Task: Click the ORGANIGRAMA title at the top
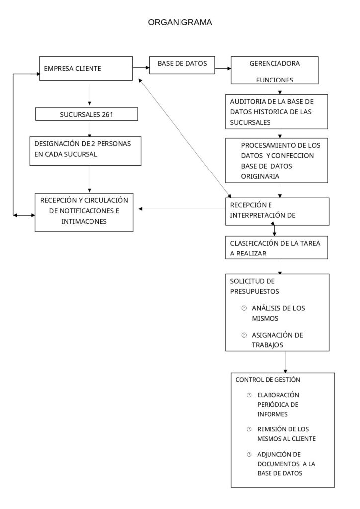[180, 22]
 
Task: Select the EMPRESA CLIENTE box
[86, 69]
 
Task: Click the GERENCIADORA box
[274, 70]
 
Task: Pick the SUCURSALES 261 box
[87, 114]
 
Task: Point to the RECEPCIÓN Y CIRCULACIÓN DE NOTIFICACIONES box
[84, 211]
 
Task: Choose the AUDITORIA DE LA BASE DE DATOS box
[275, 111]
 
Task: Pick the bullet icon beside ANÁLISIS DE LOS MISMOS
[244, 308]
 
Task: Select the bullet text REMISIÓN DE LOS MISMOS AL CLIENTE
[286, 434]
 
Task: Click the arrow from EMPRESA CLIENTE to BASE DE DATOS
[141, 66]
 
